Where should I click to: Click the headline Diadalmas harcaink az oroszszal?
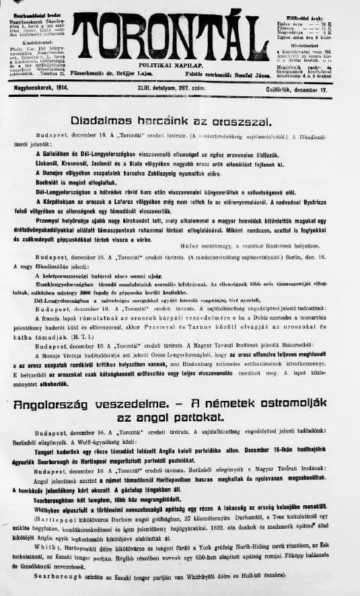(x=171, y=121)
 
